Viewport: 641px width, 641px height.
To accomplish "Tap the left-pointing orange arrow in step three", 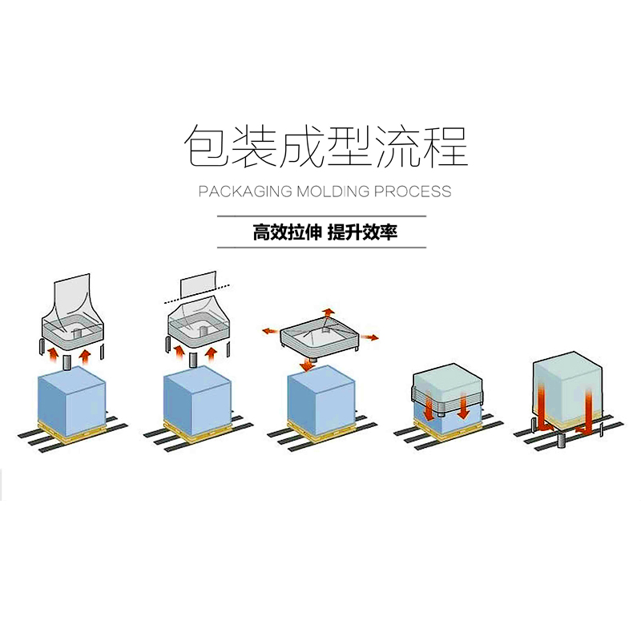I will (x=270, y=330).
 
